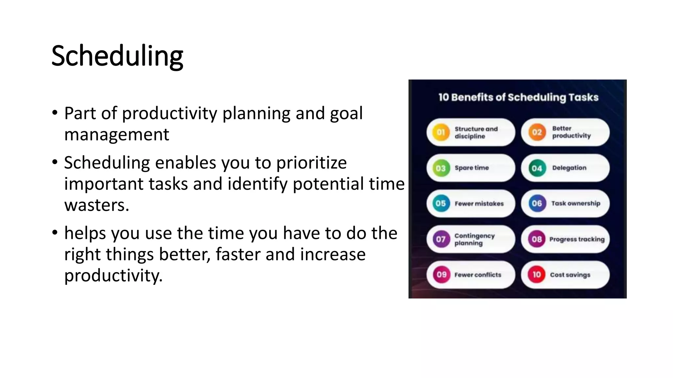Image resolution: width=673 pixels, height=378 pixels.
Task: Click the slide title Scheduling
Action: (x=117, y=56)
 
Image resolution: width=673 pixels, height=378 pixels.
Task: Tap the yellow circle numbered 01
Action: (x=441, y=132)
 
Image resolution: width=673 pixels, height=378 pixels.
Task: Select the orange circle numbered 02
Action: (x=537, y=132)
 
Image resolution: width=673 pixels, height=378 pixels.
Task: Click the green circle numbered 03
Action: (x=441, y=168)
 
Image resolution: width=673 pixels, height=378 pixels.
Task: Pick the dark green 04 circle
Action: (x=537, y=168)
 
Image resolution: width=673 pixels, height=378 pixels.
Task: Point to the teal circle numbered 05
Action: (x=441, y=203)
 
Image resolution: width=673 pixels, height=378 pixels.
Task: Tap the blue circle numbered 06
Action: (x=537, y=203)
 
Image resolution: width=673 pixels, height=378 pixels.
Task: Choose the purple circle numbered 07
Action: (x=441, y=239)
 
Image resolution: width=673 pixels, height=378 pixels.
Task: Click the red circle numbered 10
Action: (x=537, y=275)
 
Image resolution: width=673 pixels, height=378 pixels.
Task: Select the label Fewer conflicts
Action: (x=478, y=275)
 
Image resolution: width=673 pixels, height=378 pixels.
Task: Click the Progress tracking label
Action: (x=577, y=239)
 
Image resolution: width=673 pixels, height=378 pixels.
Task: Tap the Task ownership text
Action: (x=576, y=203)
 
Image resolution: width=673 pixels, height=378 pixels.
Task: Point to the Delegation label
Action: (x=569, y=168)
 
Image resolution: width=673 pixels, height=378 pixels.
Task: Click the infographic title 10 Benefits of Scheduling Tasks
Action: (x=518, y=97)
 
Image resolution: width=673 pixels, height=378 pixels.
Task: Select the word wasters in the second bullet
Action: (x=96, y=205)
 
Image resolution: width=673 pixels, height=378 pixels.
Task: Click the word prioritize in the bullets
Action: (x=311, y=163)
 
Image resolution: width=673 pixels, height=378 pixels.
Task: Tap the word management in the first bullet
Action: (x=117, y=135)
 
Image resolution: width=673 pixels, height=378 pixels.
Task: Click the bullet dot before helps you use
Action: (x=55, y=233)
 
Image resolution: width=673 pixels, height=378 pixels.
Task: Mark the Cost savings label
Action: (x=570, y=275)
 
